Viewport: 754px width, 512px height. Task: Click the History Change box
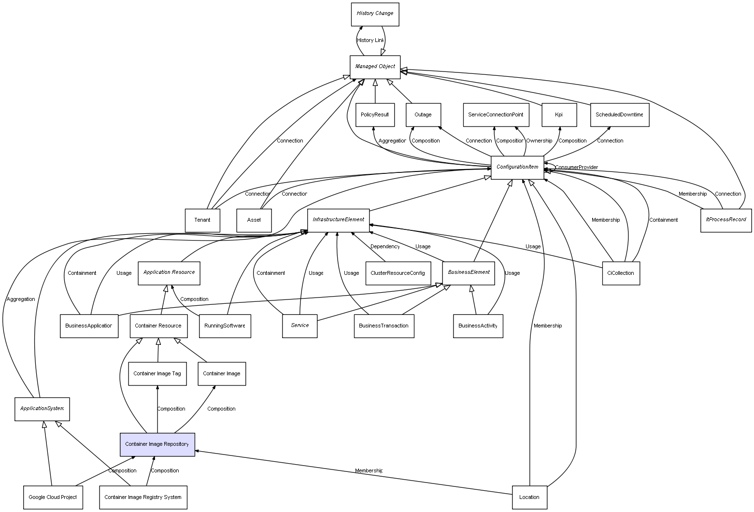tap(375, 14)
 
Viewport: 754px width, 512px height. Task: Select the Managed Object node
tap(375, 67)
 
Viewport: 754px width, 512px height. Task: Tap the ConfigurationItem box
tap(517, 167)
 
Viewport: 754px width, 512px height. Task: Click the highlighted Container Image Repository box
tap(157, 444)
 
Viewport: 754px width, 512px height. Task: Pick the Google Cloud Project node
tap(52, 497)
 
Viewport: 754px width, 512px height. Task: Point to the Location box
tap(529, 497)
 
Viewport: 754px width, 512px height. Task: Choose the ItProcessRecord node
tap(726, 220)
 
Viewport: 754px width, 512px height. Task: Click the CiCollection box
tap(621, 273)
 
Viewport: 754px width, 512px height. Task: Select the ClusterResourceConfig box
tap(398, 273)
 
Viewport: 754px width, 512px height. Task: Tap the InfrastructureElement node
tap(338, 220)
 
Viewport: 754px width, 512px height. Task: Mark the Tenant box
tap(202, 220)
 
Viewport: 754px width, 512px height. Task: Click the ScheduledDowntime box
tap(619, 115)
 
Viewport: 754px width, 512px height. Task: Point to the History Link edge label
tap(370, 41)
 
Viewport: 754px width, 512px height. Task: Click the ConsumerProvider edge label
tap(576, 168)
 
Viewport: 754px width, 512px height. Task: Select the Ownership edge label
tap(539, 141)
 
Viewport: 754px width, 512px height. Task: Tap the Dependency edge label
tap(385, 247)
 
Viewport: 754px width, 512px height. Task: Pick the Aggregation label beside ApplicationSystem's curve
tap(21, 299)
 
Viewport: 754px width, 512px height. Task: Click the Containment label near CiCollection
tap(663, 220)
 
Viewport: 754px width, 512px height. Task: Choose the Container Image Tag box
tap(157, 374)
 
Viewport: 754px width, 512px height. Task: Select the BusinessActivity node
tap(478, 326)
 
